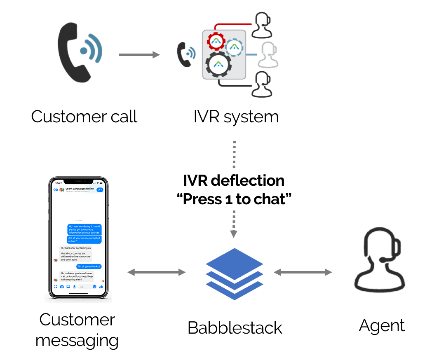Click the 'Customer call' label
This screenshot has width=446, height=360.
(x=84, y=117)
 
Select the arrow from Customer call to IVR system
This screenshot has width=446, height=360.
(x=139, y=54)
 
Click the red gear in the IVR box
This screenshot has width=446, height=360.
(x=216, y=41)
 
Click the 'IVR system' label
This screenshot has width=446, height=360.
(x=236, y=117)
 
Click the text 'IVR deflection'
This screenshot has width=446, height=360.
(x=234, y=180)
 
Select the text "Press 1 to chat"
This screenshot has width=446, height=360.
(x=234, y=199)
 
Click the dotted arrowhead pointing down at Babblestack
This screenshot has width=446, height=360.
(x=234, y=233)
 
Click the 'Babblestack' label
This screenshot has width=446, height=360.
(x=235, y=328)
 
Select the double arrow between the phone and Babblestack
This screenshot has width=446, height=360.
(x=157, y=272)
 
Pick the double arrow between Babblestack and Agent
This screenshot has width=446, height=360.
(x=303, y=272)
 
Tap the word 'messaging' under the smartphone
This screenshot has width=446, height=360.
(x=77, y=341)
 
